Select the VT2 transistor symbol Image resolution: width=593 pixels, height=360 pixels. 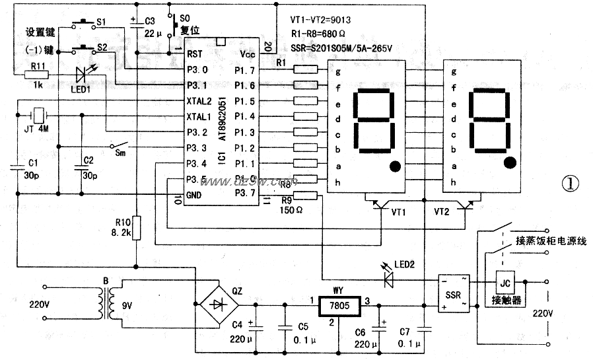tap(466, 205)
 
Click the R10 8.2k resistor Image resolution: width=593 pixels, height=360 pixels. tap(135, 225)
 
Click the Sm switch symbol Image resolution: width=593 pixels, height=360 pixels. tap(119, 145)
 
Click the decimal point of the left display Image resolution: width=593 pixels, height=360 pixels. tap(395, 166)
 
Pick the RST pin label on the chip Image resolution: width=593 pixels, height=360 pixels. tap(194, 54)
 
